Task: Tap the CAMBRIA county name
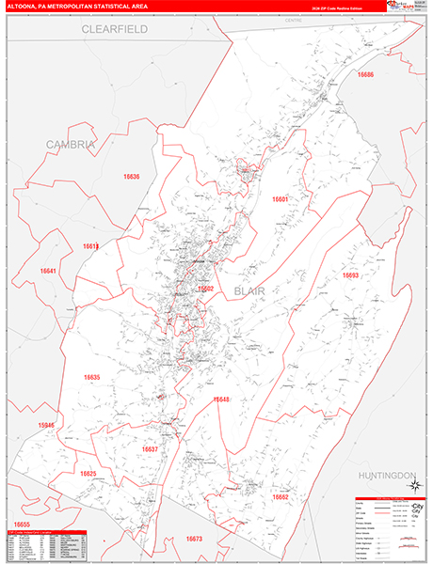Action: point(71,144)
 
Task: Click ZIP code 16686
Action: point(365,74)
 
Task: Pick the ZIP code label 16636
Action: point(131,177)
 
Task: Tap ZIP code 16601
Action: point(281,199)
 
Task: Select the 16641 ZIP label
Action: point(48,272)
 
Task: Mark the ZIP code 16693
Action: point(350,275)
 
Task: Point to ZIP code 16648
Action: point(221,399)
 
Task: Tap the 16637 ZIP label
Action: point(150,449)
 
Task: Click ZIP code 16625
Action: point(88,474)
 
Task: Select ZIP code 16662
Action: point(281,496)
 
